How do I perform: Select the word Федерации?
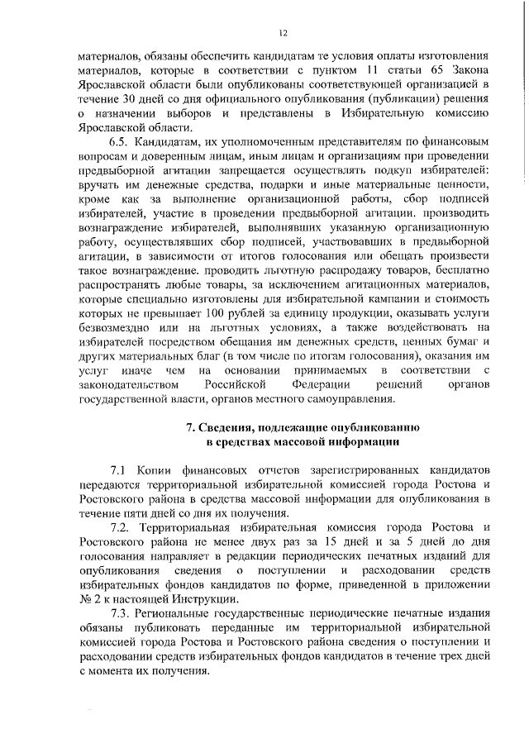click(323, 386)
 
